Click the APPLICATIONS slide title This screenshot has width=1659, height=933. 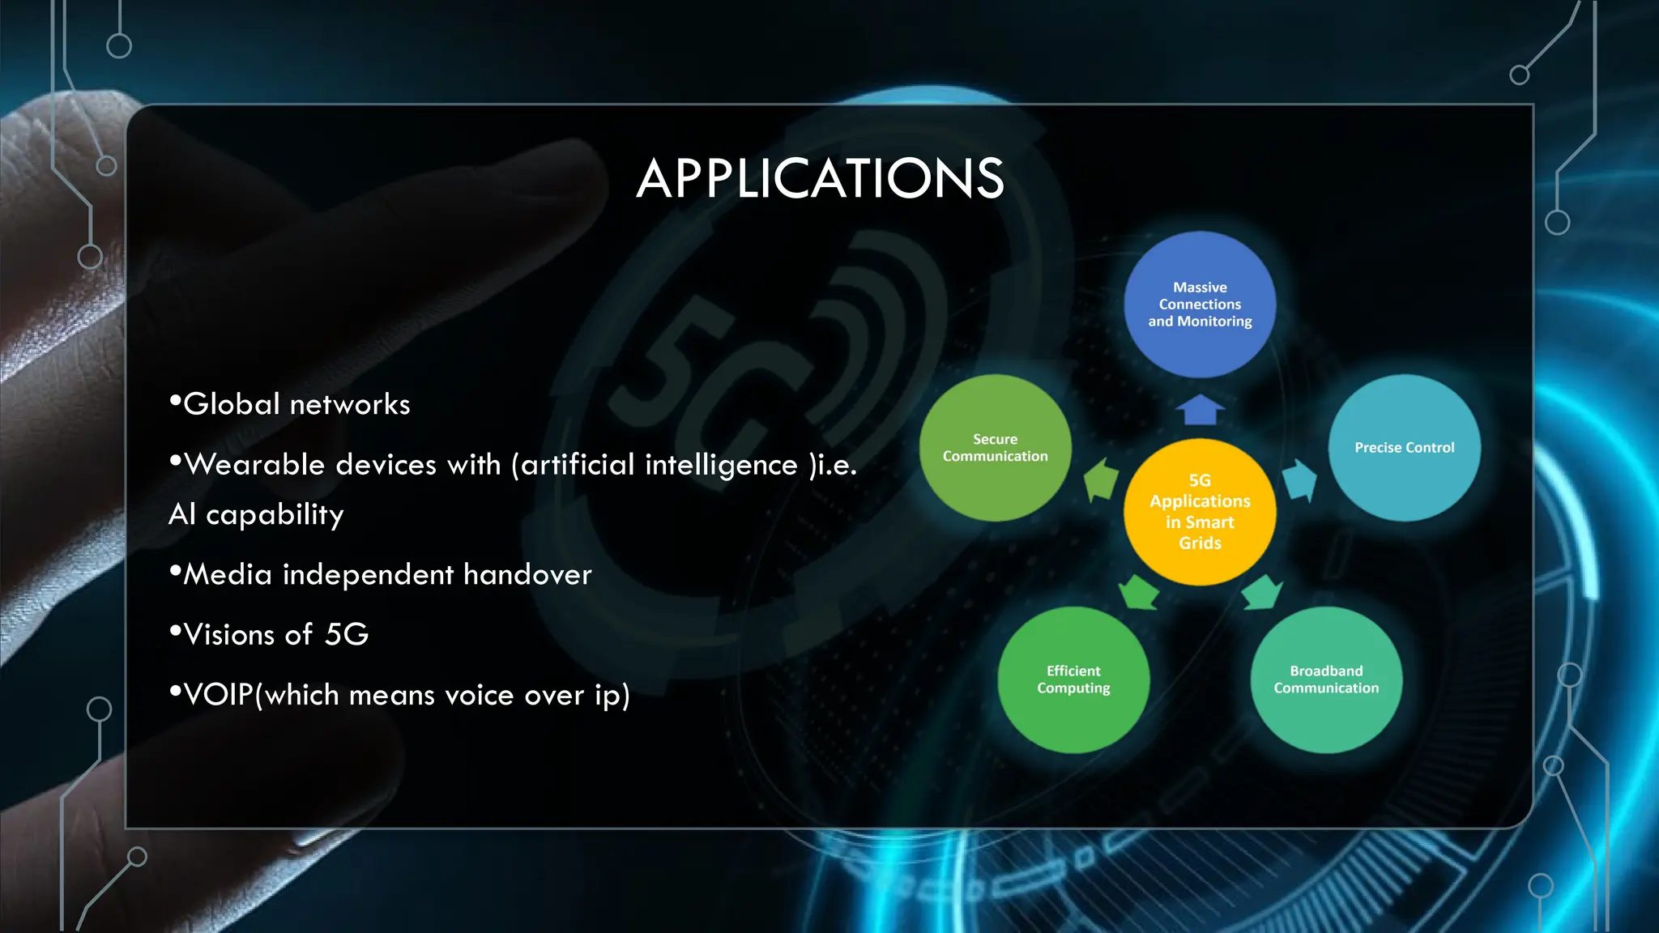pyautogui.click(x=820, y=179)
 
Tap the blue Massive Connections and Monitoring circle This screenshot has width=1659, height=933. pyautogui.click(x=1200, y=305)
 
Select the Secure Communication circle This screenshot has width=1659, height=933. pyautogui.click(x=995, y=448)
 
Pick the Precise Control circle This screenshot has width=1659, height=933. pyautogui.click(x=1404, y=448)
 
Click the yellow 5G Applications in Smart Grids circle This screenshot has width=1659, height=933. pyautogui.click(x=1200, y=512)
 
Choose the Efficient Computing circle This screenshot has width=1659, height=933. pyautogui.click(x=1073, y=680)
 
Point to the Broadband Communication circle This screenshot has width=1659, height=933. pyautogui.click(x=1326, y=680)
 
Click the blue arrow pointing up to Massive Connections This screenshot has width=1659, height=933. pyautogui.click(x=1200, y=410)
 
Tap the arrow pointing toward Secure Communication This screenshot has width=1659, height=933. pyautogui.click(x=1102, y=479)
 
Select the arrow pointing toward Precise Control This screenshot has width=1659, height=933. pyautogui.click(x=1299, y=479)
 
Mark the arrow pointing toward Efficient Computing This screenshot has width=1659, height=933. pyautogui.click(x=1140, y=593)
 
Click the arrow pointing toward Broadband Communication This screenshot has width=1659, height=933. pyautogui.click(x=1261, y=593)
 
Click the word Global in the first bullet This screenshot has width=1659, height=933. pyautogui.click(x=232, y=404)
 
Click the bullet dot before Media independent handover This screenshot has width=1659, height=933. pyautogui.click(x=174, y=572)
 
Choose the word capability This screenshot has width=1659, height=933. pyautogui.click(x=275, y=515)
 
